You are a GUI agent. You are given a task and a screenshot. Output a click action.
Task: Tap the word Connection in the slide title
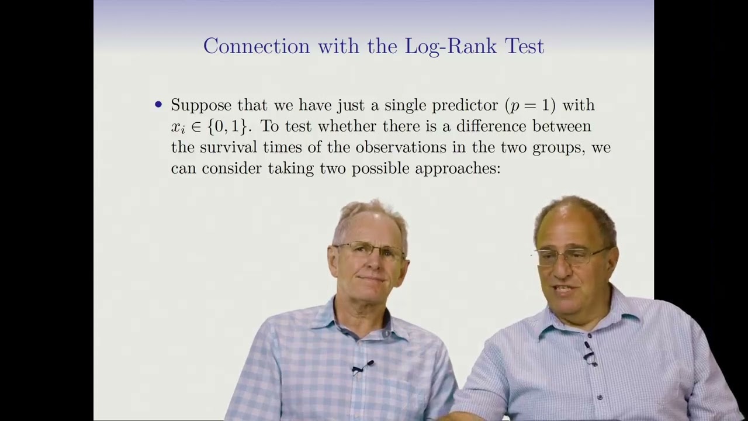point(256,46)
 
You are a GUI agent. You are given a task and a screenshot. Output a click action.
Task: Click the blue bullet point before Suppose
point(158,105)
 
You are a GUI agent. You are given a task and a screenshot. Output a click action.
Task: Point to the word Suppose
point(201,106)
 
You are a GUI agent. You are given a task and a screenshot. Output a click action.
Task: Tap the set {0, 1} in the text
point(226,126)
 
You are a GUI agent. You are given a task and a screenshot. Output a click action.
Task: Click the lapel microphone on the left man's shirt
point(361,368)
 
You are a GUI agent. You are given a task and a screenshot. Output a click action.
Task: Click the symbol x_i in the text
point(178,127)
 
